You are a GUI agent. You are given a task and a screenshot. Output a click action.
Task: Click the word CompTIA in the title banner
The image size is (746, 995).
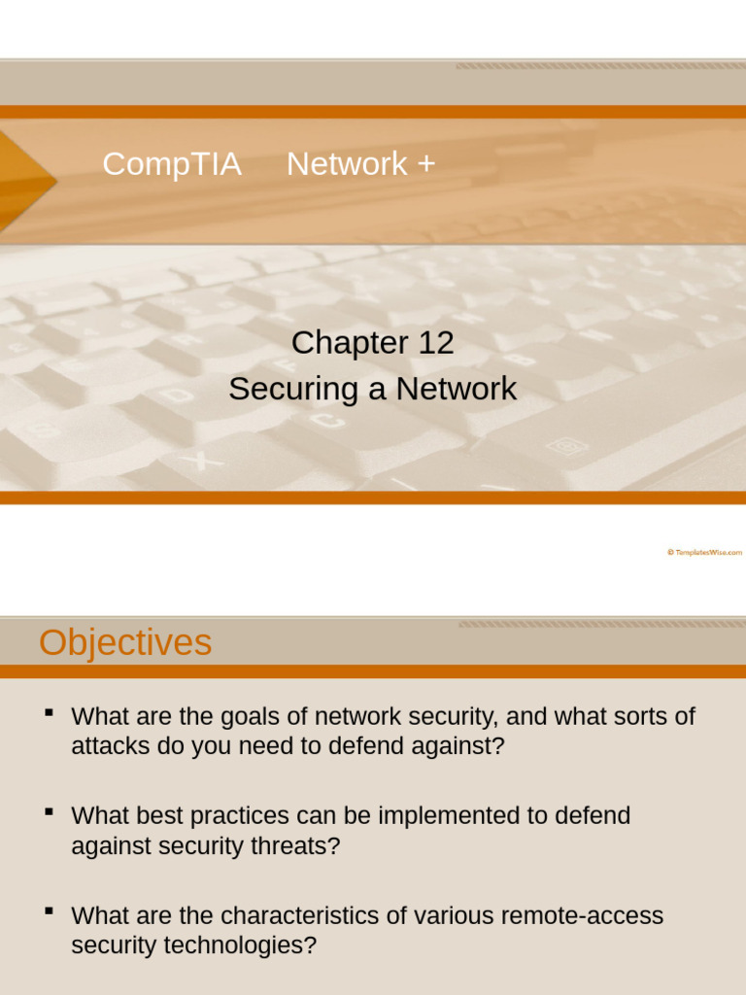171,164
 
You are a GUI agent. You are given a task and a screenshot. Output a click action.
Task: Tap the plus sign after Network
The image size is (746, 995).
425,164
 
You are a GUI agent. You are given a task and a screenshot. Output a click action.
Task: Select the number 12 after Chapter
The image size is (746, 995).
436,343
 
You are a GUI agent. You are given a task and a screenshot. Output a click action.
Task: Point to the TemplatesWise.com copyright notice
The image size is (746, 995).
704,552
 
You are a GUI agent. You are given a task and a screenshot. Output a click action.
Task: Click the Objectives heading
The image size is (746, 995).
125,643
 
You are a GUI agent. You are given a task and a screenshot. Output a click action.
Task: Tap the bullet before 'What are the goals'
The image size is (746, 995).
49,714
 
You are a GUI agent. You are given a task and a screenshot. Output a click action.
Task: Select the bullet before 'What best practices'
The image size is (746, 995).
49,812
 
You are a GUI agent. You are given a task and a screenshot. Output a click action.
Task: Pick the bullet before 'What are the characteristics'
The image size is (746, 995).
49,911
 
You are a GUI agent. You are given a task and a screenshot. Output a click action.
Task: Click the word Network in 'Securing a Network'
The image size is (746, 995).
457,390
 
